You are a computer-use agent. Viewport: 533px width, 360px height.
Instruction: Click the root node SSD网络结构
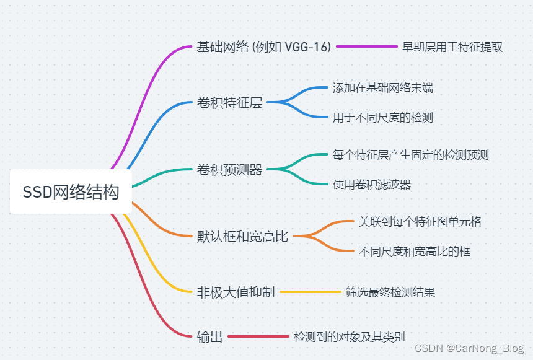71,192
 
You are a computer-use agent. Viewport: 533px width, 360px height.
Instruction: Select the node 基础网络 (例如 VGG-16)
264,47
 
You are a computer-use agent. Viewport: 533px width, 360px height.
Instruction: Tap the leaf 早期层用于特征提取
452,47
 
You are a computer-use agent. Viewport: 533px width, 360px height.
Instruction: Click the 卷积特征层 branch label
229,103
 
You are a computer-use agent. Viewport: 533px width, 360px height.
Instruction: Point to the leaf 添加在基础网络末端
382,88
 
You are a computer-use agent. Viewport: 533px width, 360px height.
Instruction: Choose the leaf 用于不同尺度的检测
382,118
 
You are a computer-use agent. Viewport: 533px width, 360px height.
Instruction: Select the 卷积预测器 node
229,169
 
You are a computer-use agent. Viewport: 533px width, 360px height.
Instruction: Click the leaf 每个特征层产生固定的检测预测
410,154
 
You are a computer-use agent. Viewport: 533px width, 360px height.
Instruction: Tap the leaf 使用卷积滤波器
372,184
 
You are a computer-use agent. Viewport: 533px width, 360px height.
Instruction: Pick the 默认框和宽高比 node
242,236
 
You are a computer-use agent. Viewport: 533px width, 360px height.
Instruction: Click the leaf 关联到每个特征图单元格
420,221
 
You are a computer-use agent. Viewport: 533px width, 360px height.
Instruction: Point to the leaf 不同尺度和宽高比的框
415,251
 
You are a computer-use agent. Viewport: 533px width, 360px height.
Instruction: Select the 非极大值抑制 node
236,292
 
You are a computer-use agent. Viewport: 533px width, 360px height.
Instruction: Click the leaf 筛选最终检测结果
390,292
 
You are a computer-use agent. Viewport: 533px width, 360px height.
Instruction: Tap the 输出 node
209,337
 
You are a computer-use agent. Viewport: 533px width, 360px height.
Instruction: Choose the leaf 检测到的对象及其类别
350,337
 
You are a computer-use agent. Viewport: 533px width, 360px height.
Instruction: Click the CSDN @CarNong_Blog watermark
469,348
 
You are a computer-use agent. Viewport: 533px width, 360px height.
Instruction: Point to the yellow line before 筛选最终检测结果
311,292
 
